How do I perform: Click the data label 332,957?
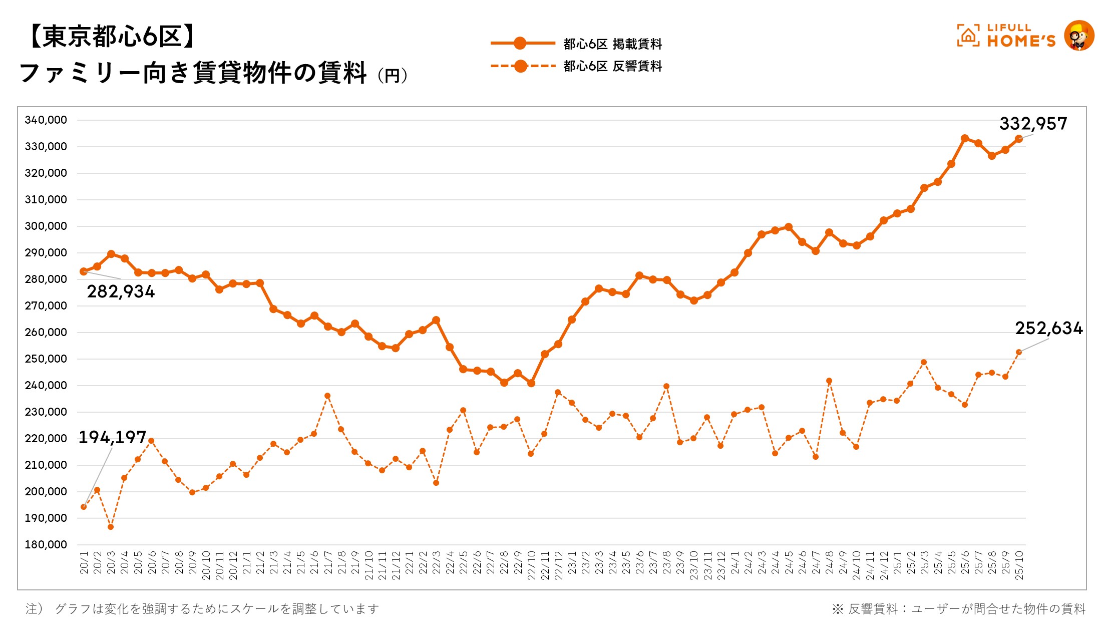click(1033, 124)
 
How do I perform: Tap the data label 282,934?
click(121, 291)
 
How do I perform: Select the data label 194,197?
click(112, 437)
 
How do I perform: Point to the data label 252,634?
click(1048, 329)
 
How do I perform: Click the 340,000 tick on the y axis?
click(46, 120)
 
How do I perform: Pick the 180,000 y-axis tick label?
click(46, 544)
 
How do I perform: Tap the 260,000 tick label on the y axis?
click(46, 332)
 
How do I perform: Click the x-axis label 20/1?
click(84, 563)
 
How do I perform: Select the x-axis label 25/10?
click(1019, 565)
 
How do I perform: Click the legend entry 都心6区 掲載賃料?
click(612, 44)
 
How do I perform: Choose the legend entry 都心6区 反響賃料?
click(612, 66)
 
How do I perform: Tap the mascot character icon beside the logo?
click(1079, 36)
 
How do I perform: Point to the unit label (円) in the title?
click(392, 76)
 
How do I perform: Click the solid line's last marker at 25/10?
click(1018, 139)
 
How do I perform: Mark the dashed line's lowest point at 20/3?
click(111, 527)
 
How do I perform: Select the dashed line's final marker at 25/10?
click(1018, 352)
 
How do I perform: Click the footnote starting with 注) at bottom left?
click(202, 608)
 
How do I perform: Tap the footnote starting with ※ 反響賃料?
click(959, 608)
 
